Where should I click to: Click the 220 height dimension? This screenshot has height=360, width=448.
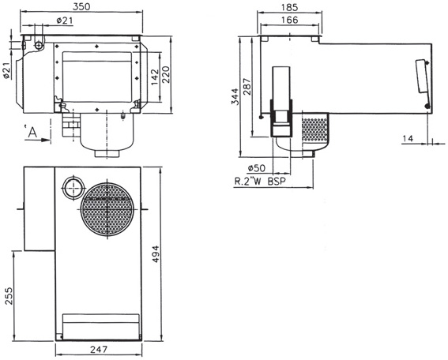(167, 74)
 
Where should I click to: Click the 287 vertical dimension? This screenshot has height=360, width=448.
(247, 86)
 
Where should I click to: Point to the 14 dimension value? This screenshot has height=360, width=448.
(408, 138)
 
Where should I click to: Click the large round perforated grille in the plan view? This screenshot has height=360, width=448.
(107, 210)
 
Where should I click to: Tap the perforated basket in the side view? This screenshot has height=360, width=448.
(317, 131)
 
